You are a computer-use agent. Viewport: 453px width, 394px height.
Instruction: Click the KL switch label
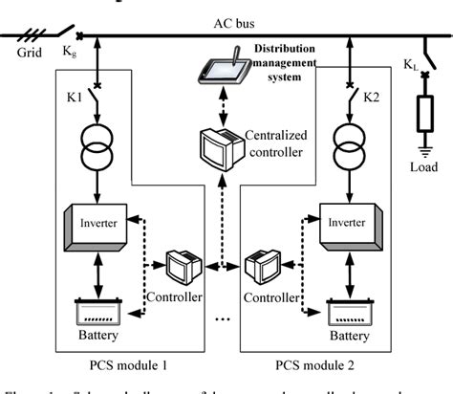tap(408, 64)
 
